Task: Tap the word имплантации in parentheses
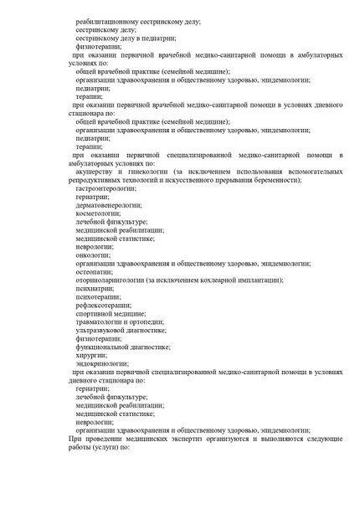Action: click(x=257, y=280)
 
